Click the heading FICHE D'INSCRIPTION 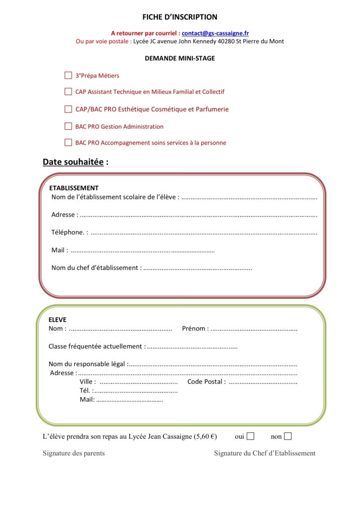click(x=180, y=17)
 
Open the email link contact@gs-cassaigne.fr click(x=215, y=33)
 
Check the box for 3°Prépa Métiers click(x=68, y=76)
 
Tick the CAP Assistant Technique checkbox click(x=68, y=91)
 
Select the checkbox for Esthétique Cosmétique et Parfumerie click(x=68, y=109)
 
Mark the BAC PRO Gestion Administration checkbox click(x=68, y=126)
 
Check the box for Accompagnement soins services click(x=68, y=143)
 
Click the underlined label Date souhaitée click(x=73, y=162)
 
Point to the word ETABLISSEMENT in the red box click(x=74, y=188)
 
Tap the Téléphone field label click(x=69, y=232)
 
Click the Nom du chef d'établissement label click(x=96, y=268)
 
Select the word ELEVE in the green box click(x=57, y=320)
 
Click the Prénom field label click(x=195, y=329)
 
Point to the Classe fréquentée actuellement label click(x=97, y=346)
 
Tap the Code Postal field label click(x=206, y=382)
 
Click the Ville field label click(x=88, y=382)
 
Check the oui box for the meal click(x=251, y=436)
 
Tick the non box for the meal click(x=287, y=436)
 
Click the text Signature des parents click(x=74, y=453)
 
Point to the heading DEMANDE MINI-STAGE click(x=180, y=58)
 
